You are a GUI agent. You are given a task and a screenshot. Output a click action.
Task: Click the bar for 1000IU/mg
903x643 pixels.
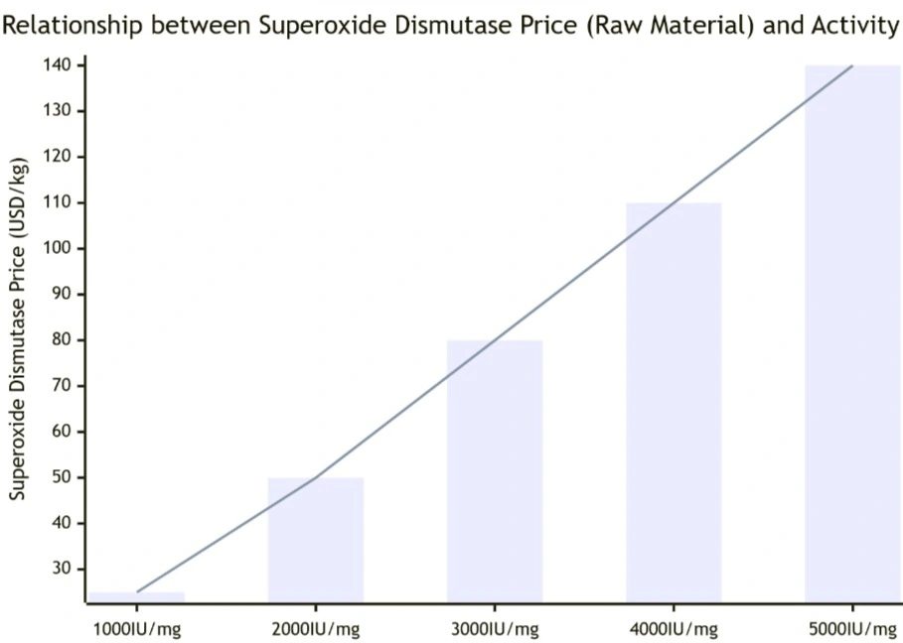137,596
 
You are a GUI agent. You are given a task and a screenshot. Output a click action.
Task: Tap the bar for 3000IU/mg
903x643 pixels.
495,470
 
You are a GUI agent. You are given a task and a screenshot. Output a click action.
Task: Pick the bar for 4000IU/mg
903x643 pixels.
674,402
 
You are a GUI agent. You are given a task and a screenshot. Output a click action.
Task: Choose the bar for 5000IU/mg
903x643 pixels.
852,333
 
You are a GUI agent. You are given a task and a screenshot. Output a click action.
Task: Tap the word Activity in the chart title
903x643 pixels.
855,26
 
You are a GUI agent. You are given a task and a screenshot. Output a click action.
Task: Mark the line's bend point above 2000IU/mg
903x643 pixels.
316,478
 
